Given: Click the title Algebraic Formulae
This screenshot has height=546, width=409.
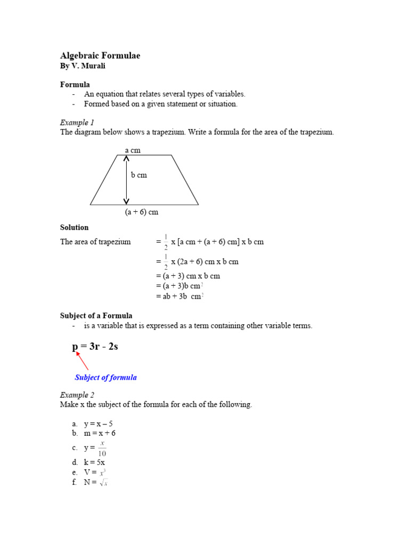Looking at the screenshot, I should click(x=100, y=56).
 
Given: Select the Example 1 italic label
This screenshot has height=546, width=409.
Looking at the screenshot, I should click(x=77, y=122).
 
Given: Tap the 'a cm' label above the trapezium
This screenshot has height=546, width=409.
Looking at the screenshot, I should click(x=133, y=150).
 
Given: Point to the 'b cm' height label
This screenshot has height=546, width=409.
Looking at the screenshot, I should click(x=139, y=175).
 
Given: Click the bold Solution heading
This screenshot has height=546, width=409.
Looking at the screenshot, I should click(x=75, y=227).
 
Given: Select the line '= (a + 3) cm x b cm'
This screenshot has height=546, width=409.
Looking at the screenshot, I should click(x=188, y=276).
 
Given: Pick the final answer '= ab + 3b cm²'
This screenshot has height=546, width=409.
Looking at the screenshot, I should click(x=180, y=296).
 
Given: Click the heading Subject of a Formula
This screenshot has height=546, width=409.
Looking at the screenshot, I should click(x=96, y=316).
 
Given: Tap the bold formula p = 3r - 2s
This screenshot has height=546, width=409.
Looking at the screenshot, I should click(x=95, y=347).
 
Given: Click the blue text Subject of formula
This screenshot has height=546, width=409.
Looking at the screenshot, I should click(x=106, y=377).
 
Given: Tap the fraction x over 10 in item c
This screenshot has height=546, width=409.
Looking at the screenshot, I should click(x=102, y=448).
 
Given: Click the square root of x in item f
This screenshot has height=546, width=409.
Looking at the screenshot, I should click(x=104, y=483).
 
